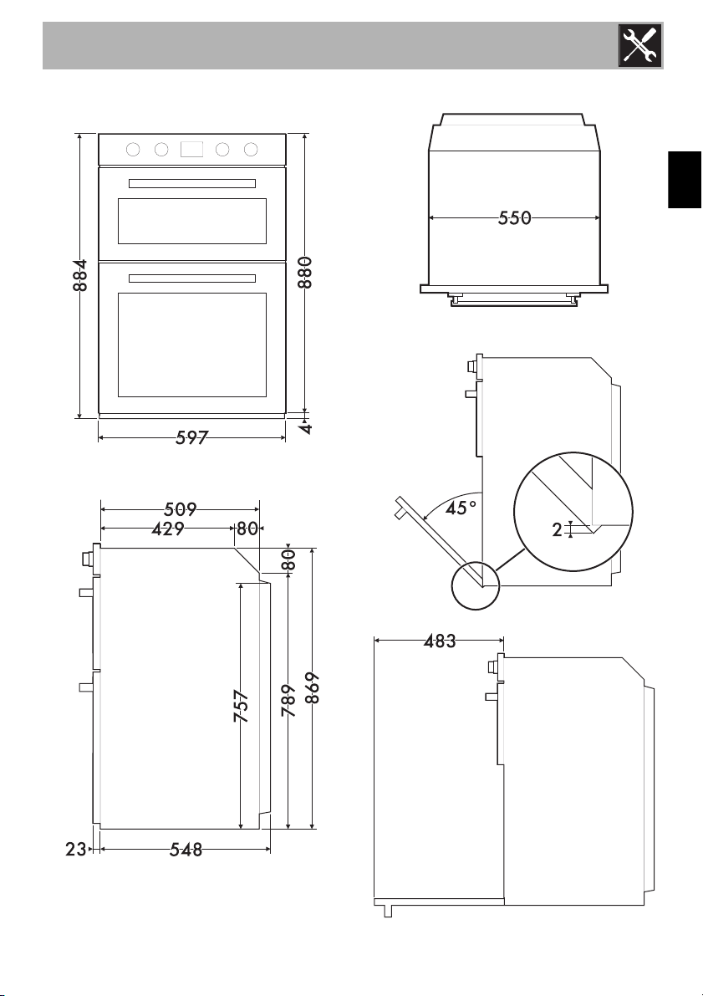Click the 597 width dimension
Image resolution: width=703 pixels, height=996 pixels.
pos(192,437)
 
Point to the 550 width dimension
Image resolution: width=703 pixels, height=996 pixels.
pos(514,218)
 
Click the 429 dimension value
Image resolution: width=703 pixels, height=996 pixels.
pos(167,529)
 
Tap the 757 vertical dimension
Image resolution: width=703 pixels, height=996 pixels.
pos(240,707)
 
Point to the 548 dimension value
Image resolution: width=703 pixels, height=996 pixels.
pos(186,850)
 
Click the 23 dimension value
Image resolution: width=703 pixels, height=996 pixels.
pos(75,850)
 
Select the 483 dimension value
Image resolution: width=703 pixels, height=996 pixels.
pos(439,641)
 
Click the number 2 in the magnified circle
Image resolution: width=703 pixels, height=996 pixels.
pos(557,529)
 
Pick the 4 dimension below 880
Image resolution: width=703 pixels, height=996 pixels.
pos(307,427)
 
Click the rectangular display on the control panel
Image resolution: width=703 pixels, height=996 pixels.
pos(191,150)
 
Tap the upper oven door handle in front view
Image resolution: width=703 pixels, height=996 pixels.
pos(191,183)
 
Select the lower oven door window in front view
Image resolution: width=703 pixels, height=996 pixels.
pos(191,345)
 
